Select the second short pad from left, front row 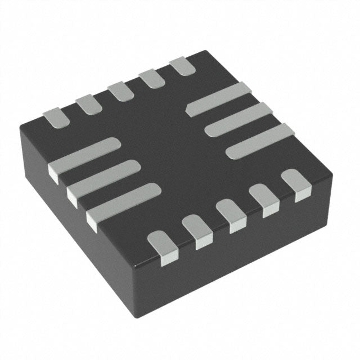coord(197,231)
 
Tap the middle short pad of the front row coord(230,214)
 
